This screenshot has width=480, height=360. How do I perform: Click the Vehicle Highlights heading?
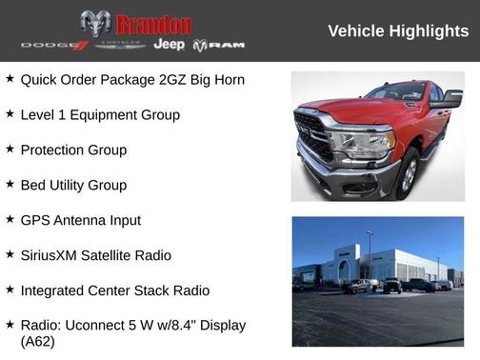pos(398,31)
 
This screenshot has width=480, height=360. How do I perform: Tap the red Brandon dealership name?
pos(153,25)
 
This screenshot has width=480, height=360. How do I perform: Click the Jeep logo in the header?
pos(169,45)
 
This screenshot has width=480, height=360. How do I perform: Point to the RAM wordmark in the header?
pos(219,45)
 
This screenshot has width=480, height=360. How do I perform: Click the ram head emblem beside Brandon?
pos(95,24)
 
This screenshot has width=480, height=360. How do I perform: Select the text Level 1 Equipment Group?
pos(100,115)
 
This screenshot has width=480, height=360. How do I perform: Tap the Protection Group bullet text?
pos(73,150)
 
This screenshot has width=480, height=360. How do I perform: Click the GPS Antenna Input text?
pos(81,221)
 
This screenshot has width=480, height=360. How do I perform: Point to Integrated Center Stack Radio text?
pos(115,291)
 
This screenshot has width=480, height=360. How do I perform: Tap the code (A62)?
pos(38,341)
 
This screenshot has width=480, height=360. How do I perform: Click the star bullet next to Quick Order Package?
pos(10,79)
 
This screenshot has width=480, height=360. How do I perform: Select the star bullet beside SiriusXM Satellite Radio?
pos(10,255)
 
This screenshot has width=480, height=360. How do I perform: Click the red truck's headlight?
pos(362,144)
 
